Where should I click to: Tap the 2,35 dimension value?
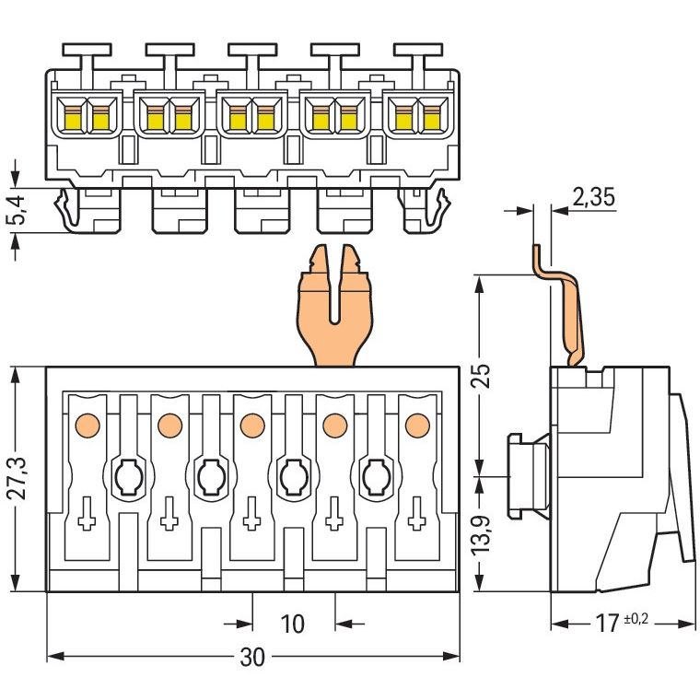[593, 196]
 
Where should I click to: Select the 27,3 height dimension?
[19, 479]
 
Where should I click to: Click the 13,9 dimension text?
[482, 535]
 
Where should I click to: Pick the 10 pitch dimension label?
[292, 624]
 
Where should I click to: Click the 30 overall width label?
[252, 657]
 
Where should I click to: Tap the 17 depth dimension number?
[608, 624]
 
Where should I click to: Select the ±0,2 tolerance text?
[636, 619]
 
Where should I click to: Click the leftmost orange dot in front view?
[87, 426]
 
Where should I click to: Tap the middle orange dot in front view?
[252, 426]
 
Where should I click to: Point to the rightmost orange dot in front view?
[418, 426]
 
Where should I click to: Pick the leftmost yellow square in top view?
[74, 121]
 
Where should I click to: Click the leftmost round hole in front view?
[129, 476]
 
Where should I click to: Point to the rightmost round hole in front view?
[377, 476]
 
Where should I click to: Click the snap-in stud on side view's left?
[530, 476]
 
